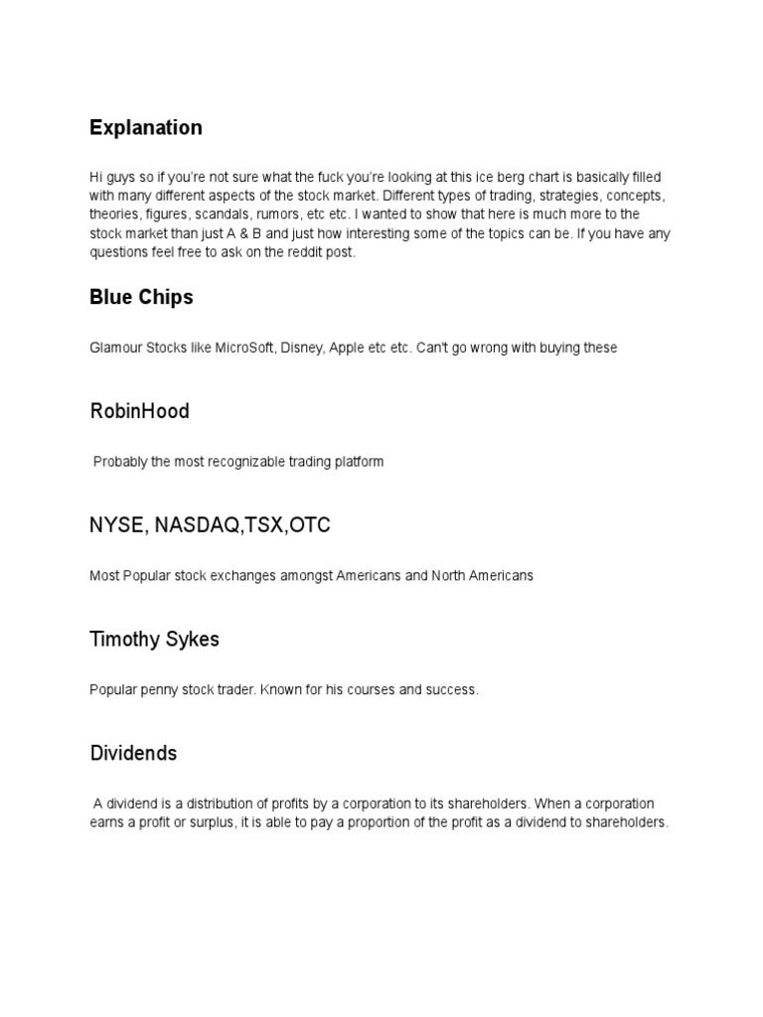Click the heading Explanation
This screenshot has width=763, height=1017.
pyautogui.click(x=145, y=128)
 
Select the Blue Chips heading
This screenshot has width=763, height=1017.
pyautogui.click(x=141, y=297)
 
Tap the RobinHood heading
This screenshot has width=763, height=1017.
pyautogui.click(x=139, y=411)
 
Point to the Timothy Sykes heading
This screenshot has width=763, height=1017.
pyautogui.click(x=154, y=640)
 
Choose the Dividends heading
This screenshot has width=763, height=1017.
pyautogui.click(x=133, y=754)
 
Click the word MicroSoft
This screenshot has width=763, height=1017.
pyautogui.click(x=239, y=348)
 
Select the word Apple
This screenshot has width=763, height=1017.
pyautogui.click(x=346, y=348)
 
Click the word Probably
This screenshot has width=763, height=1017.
pyautogui.click(x=122, y=462)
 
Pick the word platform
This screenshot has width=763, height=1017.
pyautogui.click(x=358, y=462)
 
